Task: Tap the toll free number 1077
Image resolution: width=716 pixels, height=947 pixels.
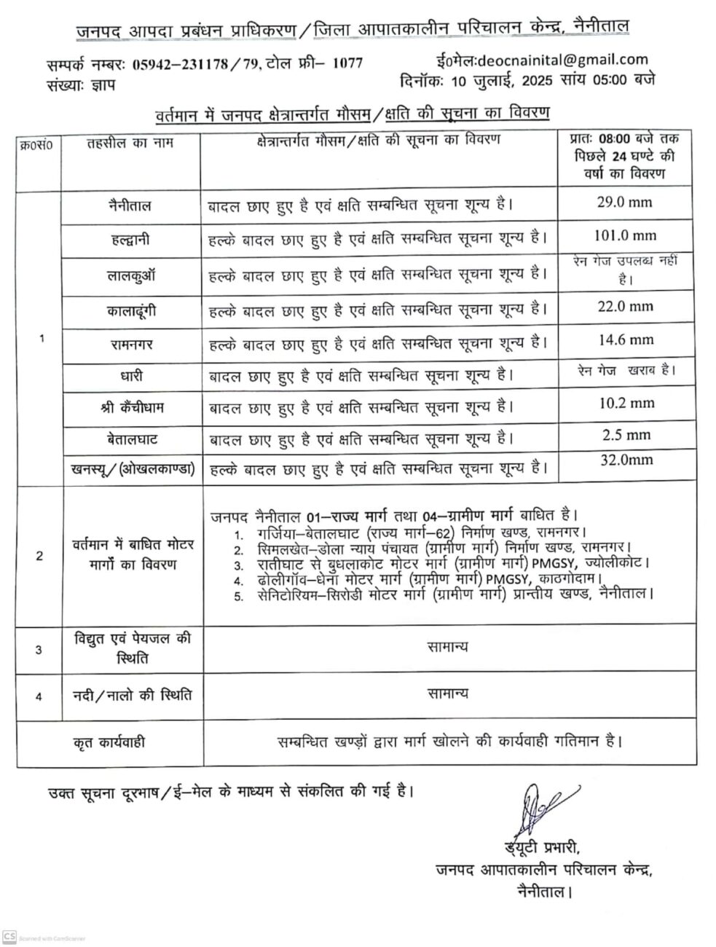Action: tap(347, 63)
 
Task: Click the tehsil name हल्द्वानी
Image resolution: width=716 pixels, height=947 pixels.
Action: tap(127, 240)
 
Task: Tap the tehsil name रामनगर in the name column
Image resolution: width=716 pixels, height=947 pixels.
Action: tap(127, 342)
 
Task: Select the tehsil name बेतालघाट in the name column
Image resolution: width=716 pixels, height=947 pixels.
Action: tap(127, 439)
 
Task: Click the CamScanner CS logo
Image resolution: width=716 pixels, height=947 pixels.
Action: tap(9, 937)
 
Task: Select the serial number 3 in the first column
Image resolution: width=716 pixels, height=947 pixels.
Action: tap(39, 649)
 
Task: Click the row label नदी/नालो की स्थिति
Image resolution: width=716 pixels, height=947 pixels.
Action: tap(133, 694)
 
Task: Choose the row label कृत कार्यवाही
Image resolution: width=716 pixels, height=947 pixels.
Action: tap(109, 742)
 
